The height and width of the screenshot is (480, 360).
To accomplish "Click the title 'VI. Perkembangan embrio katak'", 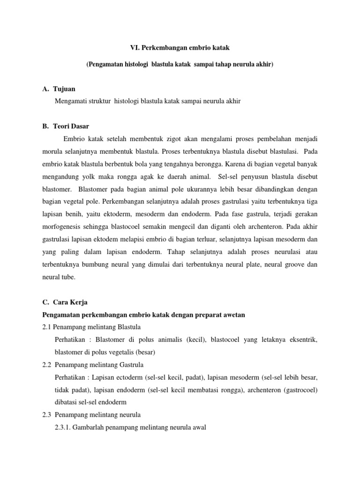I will (x=180, y=48).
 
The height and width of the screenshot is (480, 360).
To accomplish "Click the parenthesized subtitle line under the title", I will (x=180, y=65).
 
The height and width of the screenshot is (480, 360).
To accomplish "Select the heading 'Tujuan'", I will (x=65, y=89).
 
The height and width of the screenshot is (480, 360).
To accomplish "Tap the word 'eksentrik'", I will (x=301, y=339).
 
